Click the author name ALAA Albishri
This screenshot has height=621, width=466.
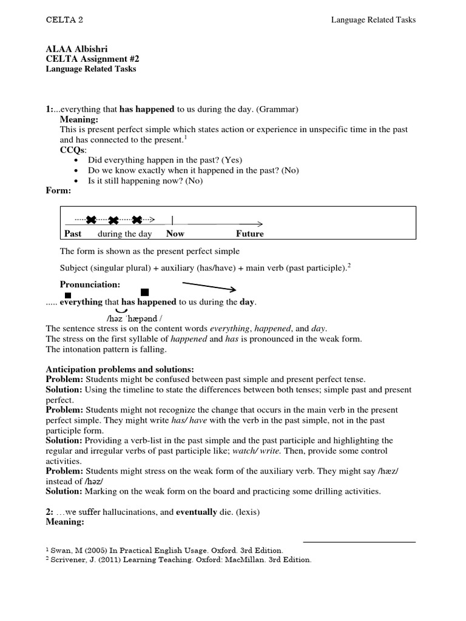pyautogui.click(x=79, y=49)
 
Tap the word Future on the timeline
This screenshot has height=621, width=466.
pyautogui.click(x=250, y=233)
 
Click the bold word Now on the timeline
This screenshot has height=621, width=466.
pyautogui.click(x=175, y=233)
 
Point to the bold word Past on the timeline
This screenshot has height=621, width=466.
pyautogui.click(x=73, y=233)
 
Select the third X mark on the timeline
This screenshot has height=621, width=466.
pyautogui.click(x=137, y=220)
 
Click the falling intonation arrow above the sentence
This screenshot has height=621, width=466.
pyautogui.click(x=209, y=286)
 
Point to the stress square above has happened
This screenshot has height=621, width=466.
pyautogui.click(x=144, y=292)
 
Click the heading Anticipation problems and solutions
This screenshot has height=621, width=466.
pyautogui.click(x=120, y=369)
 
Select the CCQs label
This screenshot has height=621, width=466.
pyautogui.click(x=73, y=149)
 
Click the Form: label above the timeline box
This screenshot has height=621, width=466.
pyautogui.click(x=59, y=191)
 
